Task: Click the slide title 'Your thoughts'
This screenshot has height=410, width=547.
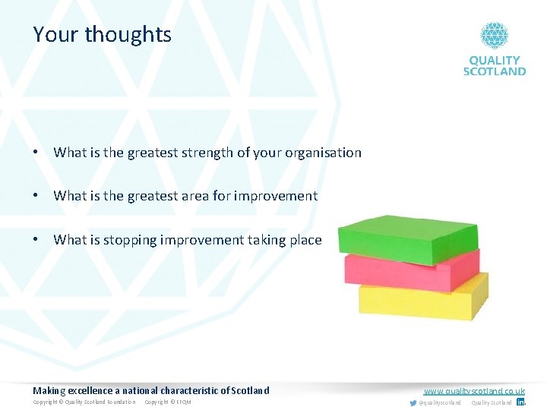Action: (102, 35)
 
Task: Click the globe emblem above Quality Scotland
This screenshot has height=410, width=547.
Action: (494, 35)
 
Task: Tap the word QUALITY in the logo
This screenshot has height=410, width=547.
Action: (495, 60)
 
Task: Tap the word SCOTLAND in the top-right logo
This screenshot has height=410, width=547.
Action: (495, 71)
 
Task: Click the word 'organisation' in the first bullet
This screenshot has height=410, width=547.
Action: (323, 153)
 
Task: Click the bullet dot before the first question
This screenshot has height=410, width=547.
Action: (36, 153)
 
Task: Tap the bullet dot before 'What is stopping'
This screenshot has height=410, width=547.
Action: (36, 240)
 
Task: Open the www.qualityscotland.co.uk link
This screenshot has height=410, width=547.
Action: (474, 391)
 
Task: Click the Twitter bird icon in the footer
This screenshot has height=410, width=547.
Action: (413, 402)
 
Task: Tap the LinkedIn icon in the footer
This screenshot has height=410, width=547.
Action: (520, 402)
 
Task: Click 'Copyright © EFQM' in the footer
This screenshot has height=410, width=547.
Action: (168, 402)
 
